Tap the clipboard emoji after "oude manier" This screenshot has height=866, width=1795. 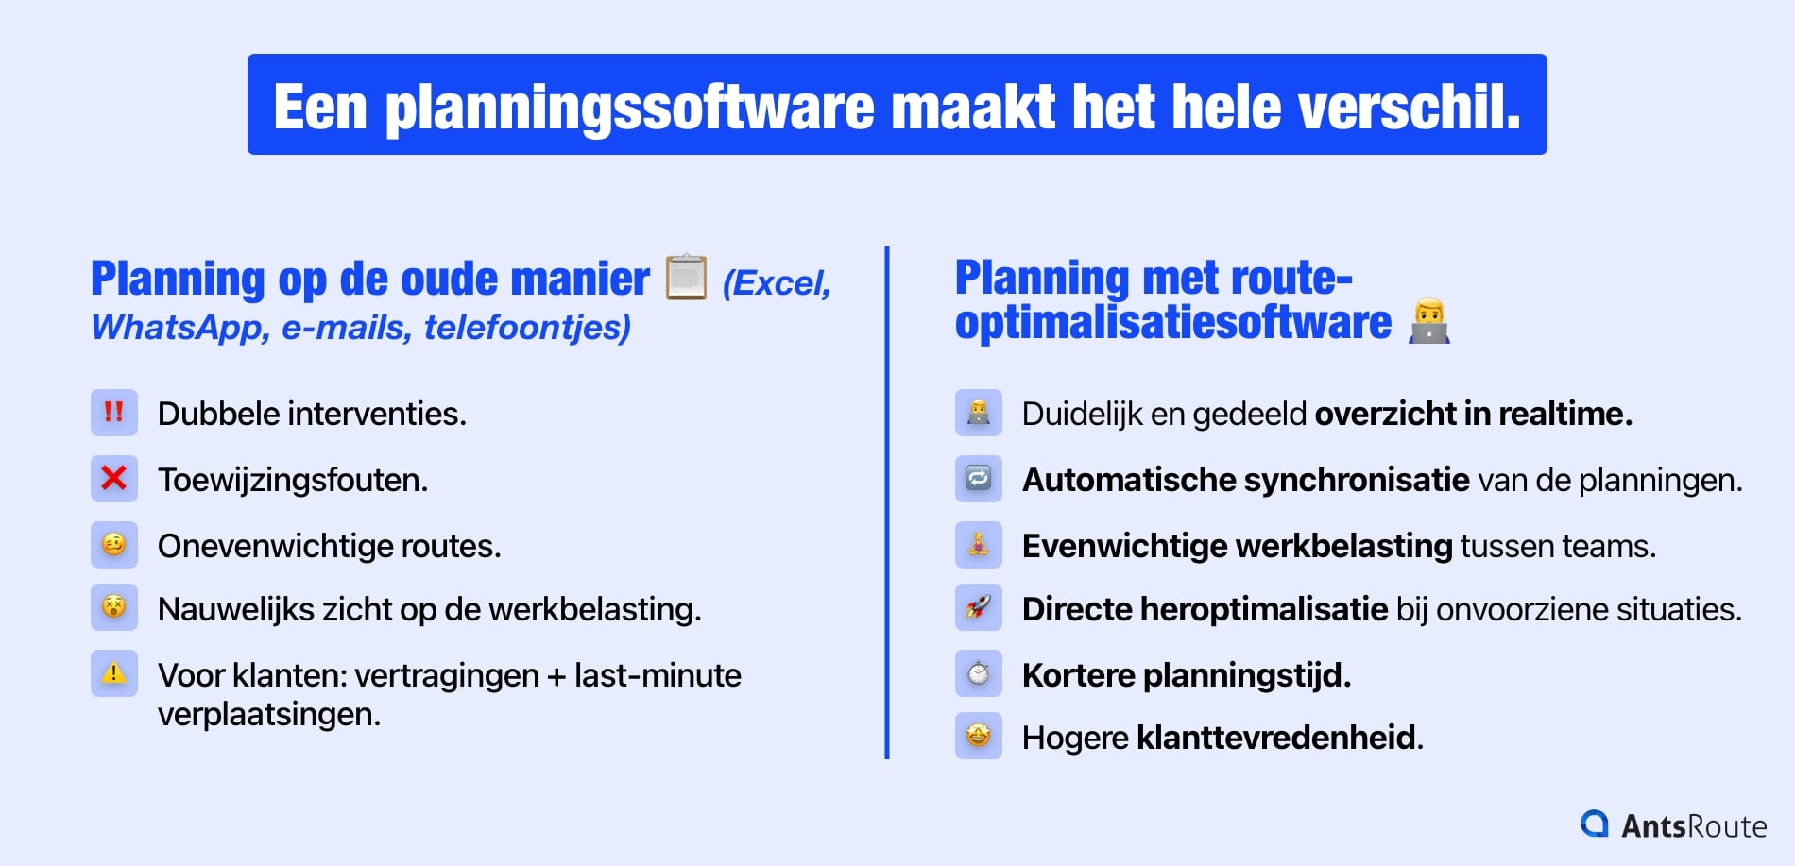pos(686,278)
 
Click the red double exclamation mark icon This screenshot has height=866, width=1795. pos(113,413)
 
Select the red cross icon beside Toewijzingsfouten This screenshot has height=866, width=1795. pos(113,479)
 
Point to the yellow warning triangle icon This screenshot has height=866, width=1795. pos(113,673)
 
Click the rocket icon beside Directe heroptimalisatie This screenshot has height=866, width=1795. pos(978,607)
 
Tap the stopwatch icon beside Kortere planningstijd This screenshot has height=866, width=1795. pos(978,673)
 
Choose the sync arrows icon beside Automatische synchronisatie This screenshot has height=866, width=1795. pos(978,479)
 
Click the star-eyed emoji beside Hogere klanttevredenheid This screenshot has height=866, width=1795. pos(978,736)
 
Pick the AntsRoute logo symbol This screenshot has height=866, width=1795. pos(1595,824)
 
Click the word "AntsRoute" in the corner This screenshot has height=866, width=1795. pos(1693,826)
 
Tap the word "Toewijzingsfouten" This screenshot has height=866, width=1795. pos(292,481)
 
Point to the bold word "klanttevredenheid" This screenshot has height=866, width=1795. pos(1279,738)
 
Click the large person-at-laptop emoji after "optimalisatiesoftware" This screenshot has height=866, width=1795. pos(1429,322)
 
